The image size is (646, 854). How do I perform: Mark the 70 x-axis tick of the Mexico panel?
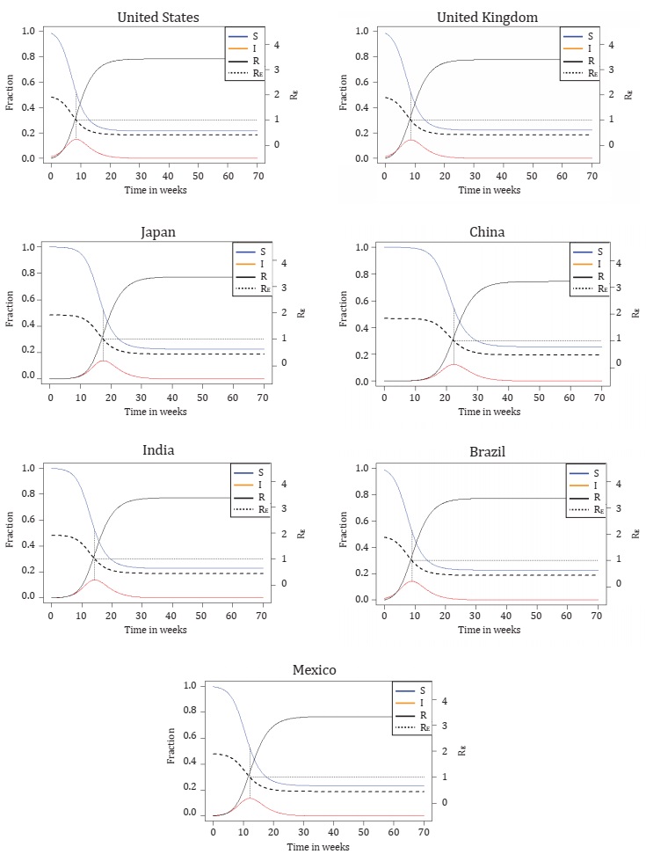(x=424, y=832)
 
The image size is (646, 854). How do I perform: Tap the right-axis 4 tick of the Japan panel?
(x=295, y=262)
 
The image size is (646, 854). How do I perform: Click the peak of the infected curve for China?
(x=454, y=364)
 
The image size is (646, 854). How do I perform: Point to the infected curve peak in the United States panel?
(x=76, y=139)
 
